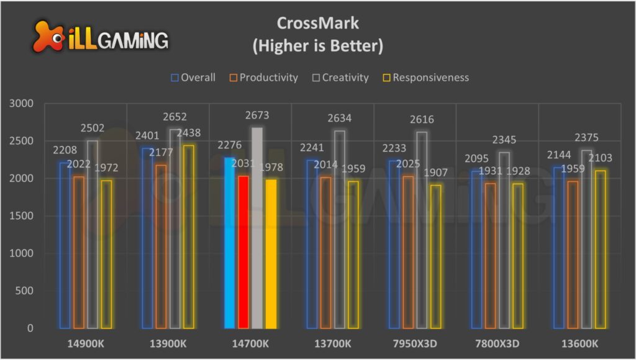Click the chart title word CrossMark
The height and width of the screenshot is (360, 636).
pyautogui.click(x=317, y=24)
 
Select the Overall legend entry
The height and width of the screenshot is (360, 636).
pyautogui.click(x=193, y=78)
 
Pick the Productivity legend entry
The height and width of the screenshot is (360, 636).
pyautogui.click(x=263, y=78)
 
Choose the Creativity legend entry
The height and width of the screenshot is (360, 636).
pyautogui.click(x=341, y=78)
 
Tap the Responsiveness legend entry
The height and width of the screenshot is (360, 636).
pyautogui.click(x=425, y=78)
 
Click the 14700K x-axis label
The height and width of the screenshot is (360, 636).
pyautogui.click(x=250, y=343)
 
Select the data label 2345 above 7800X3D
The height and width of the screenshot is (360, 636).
pyautogui.click(x=504, y=140)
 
